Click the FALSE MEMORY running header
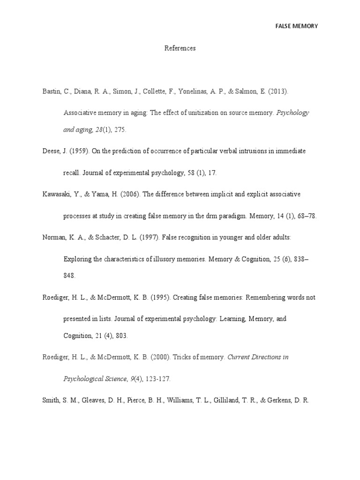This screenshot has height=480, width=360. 296,26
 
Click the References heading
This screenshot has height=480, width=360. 180,48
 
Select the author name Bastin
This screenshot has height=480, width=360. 51,91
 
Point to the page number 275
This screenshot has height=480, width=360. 120,129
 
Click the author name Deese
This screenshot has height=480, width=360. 51,151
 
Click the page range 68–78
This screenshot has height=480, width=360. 306,216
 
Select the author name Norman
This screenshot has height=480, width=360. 53,237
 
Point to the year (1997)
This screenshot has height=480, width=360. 150,237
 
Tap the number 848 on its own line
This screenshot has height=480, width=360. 69,276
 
